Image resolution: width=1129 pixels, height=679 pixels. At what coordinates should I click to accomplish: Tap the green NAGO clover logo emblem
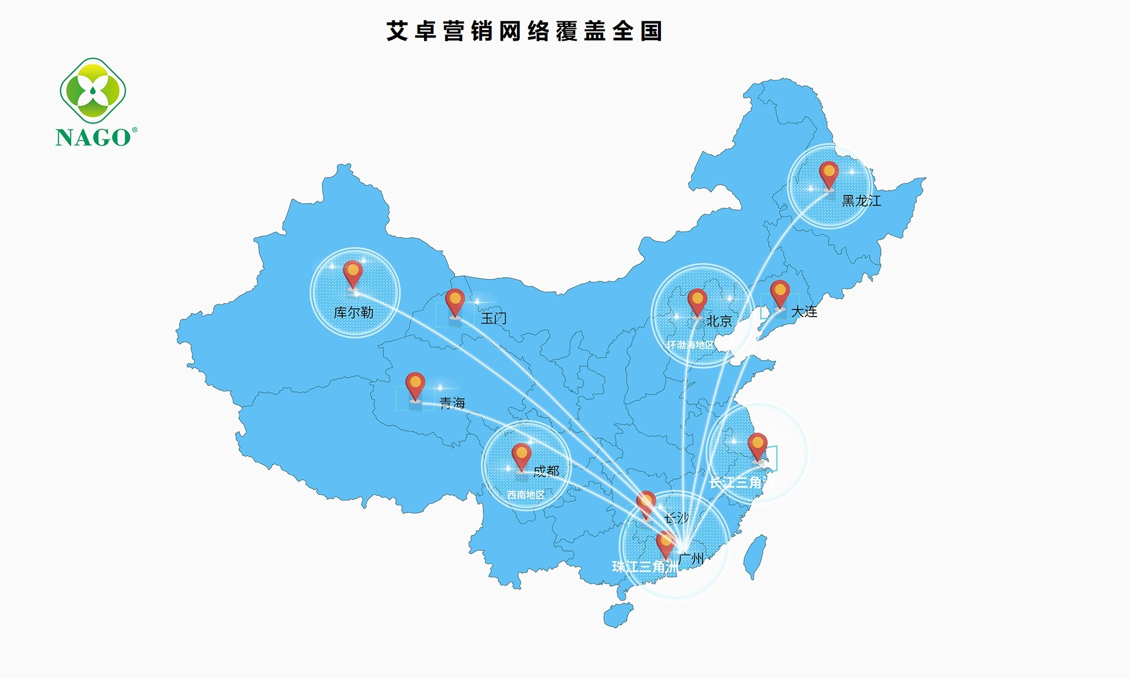[93, 91]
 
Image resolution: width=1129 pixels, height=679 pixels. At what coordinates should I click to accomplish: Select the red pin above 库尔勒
[353, 273]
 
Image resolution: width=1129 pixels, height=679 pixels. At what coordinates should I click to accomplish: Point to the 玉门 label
[493, 318]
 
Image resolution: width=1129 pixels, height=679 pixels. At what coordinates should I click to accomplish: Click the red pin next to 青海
[415, 385]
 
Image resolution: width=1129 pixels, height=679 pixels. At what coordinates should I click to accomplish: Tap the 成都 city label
[546, 471]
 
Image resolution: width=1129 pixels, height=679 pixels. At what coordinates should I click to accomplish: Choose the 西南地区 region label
[526, 495]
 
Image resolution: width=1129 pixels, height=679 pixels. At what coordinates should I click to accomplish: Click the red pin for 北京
[697, 302]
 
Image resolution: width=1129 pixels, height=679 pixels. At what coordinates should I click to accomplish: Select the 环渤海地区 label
[690, 345]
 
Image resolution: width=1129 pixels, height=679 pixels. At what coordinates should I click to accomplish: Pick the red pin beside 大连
[780, 293]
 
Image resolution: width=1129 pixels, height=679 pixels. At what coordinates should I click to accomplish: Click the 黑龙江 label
[861, 201]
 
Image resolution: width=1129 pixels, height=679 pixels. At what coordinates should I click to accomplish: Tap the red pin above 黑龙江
[829, 174]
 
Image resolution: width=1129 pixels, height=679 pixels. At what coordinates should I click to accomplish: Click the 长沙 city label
[677, 518]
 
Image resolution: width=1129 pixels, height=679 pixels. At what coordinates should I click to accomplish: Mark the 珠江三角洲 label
[644, 567]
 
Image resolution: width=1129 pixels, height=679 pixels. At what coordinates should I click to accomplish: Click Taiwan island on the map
[756, 556]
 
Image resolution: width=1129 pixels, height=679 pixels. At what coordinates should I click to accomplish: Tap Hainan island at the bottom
[617, 615]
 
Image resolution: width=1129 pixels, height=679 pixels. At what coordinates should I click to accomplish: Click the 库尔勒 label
[353, 312]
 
